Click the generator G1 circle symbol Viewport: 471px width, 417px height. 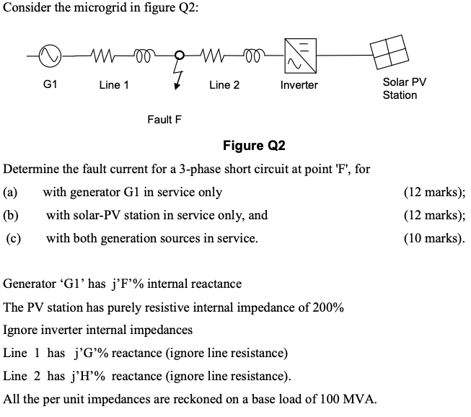click(50, 54)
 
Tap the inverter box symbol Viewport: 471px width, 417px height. click(299, 53)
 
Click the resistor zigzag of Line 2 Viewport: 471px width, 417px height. click(209, 54)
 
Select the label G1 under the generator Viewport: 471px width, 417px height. click(50, 84)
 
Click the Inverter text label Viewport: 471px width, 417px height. click(299, 85)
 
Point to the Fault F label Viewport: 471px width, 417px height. click(164, 119)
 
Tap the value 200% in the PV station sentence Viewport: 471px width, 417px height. click(328, 307)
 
